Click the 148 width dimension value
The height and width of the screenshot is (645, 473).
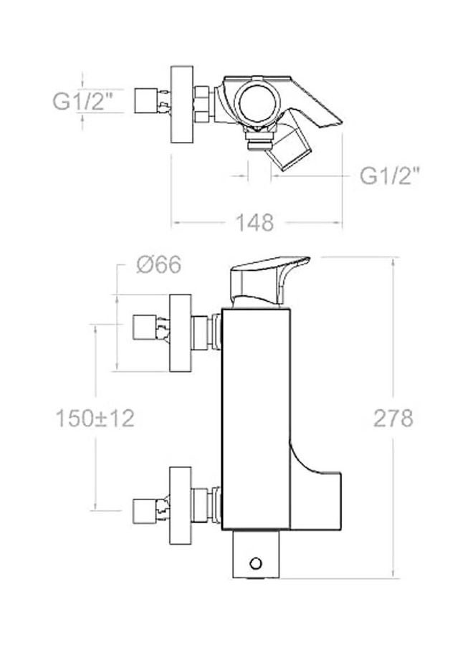pyautogui.click(x=254, y=223)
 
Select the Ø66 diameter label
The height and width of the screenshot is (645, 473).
pyautogui.click(x=158, y=266)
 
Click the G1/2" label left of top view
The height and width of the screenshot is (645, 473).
pyautogui.click(x=84, y=101)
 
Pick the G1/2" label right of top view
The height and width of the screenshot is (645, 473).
pyautogui.click(x=389, y=176)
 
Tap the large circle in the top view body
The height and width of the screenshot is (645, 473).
pyautogui.click(x=258, y=100)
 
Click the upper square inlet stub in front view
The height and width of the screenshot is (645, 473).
pyautogui.click(x=148, y=328)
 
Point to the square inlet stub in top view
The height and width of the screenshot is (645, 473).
pyautogui.click(x=149, y=100)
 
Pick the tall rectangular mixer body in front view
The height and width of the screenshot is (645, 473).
pyautogui.click(x=257, y=416)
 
